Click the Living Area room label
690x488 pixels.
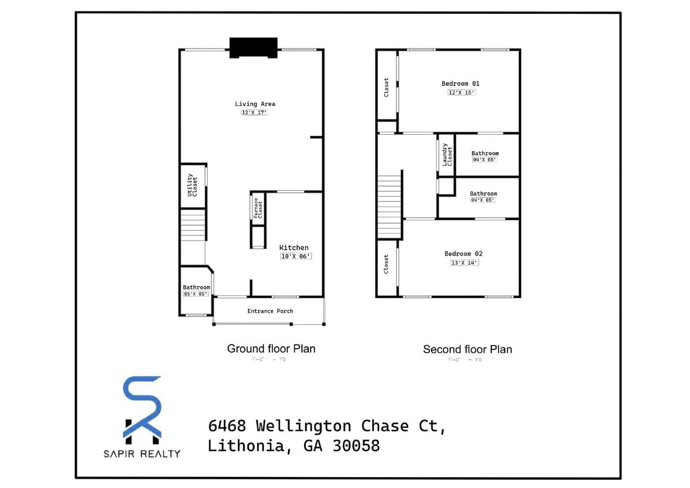point(255,104)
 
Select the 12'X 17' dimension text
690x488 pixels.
point(254,113)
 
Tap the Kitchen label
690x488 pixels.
point(294,247)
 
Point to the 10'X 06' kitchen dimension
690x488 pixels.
point(296,256)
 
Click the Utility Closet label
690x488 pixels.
point(192,185)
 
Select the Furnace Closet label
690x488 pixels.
point(257,209)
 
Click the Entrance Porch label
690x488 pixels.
point(270,311)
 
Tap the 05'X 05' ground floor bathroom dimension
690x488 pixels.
point(195,294)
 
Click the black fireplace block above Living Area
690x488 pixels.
point(253,47)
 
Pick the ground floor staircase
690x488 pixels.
point(193,224)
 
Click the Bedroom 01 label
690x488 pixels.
point(461,84)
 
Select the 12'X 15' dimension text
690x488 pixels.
point(461,93)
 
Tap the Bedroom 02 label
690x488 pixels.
point(463,254)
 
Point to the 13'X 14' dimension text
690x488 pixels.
point(465,263)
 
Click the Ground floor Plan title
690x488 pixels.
point(271,349)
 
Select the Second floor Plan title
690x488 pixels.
point(467,349)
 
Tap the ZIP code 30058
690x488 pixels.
point(356,446)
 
